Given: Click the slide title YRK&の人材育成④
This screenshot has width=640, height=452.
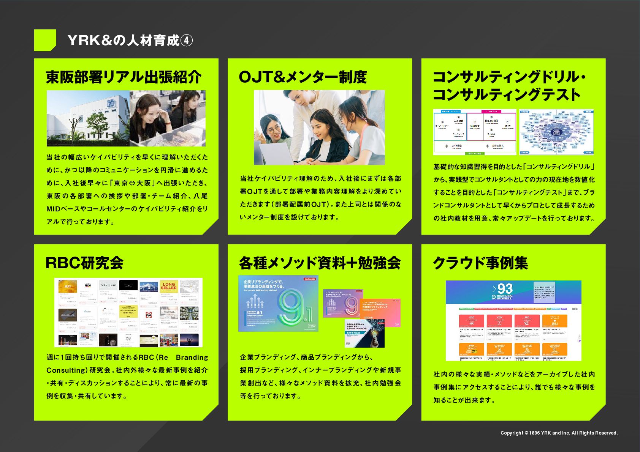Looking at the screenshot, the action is point(130,40).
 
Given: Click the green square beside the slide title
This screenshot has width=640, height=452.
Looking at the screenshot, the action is point(45,40).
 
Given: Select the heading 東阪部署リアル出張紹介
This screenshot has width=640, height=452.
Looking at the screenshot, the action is point(124,77).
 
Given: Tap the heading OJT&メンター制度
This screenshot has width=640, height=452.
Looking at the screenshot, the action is point(303,77).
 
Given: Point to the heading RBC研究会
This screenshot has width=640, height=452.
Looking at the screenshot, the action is point(84,263).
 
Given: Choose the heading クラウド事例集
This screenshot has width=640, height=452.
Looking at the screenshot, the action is point(480,263).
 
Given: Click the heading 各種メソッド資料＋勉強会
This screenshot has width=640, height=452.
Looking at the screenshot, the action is point(320,263).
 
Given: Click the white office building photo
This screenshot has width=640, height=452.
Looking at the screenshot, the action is point(88,118).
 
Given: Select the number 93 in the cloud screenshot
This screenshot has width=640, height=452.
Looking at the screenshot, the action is point(505,288).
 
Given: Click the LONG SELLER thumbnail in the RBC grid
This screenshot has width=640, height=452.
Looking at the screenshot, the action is point(169,287).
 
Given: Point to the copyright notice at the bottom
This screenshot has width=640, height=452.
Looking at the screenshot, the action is point(559,433).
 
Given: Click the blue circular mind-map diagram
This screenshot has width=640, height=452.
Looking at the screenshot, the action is point(556,132).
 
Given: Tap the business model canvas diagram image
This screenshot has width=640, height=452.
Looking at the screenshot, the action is point(475,132).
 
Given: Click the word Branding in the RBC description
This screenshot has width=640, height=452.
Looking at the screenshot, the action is point(192,358).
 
